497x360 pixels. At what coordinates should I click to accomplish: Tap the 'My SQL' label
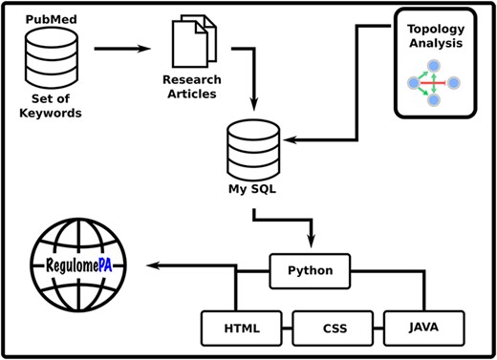point(251,189)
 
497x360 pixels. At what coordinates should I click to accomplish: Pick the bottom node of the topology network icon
point(434,100)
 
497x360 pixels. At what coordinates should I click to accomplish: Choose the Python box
point(310,271)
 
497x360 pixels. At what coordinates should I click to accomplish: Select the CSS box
point(333,328)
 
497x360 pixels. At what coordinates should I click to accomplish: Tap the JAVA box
point(422,328)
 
